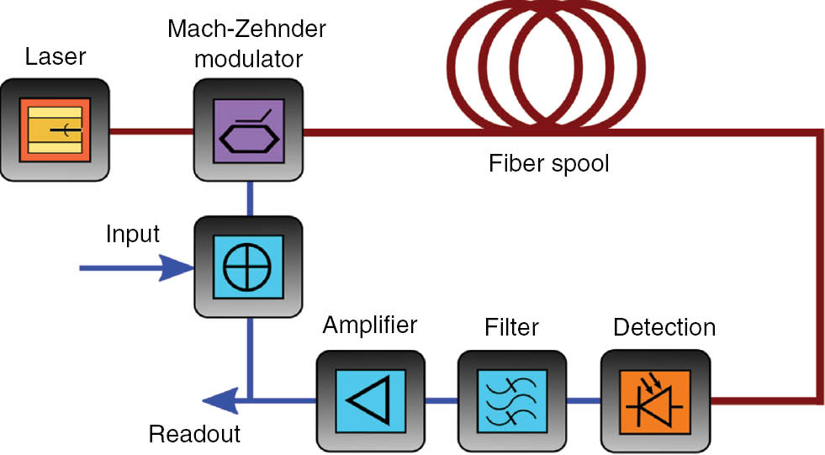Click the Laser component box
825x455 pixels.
tap(56, 130)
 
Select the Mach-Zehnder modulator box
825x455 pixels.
tap(249, 130)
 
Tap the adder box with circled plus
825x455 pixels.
tap(249, 268)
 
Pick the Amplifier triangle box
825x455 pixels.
tap(370, 399)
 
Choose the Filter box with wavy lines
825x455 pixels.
tap(512, 399)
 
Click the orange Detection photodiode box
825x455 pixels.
tap(655, 399)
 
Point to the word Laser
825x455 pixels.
tap(55, 57)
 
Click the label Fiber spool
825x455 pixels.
tap(548, 162)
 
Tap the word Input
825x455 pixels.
tap(133, 234)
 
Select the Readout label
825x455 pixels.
tap(194, 434)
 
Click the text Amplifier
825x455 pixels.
tap(370, 325)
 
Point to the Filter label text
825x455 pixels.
tap(512, 325)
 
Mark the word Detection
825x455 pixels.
tap(664, 325)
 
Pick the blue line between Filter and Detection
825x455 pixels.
tap(584, 399)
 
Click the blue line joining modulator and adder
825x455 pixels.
tap(250, 199)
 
